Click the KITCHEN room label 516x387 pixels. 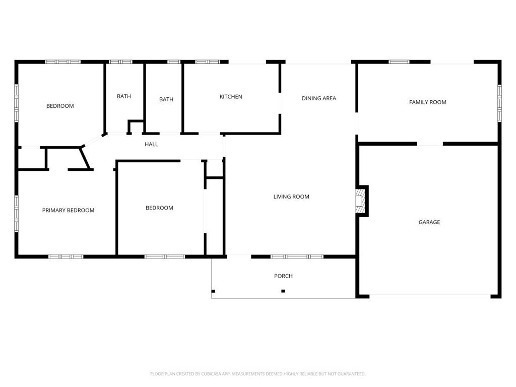231,97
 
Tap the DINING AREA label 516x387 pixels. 318,98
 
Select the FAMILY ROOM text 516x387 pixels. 427,102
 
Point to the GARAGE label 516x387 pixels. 429,222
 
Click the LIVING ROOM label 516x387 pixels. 291,197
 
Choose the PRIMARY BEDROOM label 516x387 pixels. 68,211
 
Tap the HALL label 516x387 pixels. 151,145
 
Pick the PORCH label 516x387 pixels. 283,276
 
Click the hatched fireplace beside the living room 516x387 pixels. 359,201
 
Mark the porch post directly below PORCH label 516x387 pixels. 283,291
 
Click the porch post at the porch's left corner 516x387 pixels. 213,291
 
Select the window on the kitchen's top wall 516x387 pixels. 208,62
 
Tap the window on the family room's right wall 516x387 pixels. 499,103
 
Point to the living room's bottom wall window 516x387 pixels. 297,256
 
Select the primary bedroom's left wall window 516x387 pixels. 17,214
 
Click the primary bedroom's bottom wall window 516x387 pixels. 66,256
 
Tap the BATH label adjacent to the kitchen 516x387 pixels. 166,100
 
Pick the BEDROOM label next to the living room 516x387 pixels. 159,208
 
